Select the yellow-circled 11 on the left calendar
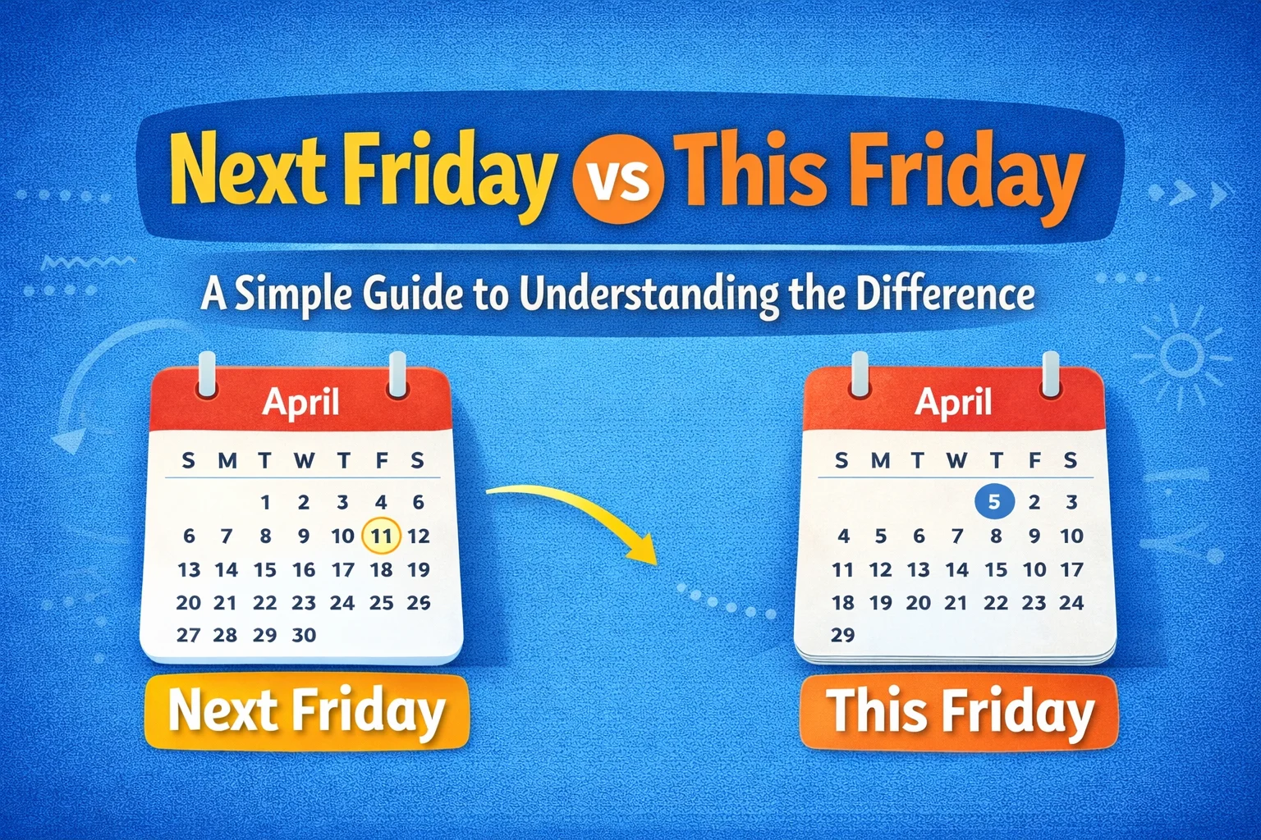(381, 536)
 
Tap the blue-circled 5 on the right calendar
(994, 501)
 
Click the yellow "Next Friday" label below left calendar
(305, 710)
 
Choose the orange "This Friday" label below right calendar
(959, 711)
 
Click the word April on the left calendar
(300, 402)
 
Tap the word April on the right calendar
(953, 402)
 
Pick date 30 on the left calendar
(304, 635)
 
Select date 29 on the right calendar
(842, 635)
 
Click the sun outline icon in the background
(1181, 355)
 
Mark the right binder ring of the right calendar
(1051, 374)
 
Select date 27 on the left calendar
(188, 635)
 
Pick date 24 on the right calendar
(1071, 603)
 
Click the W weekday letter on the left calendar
(304, 461)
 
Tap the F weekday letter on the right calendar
(1034, 461)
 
